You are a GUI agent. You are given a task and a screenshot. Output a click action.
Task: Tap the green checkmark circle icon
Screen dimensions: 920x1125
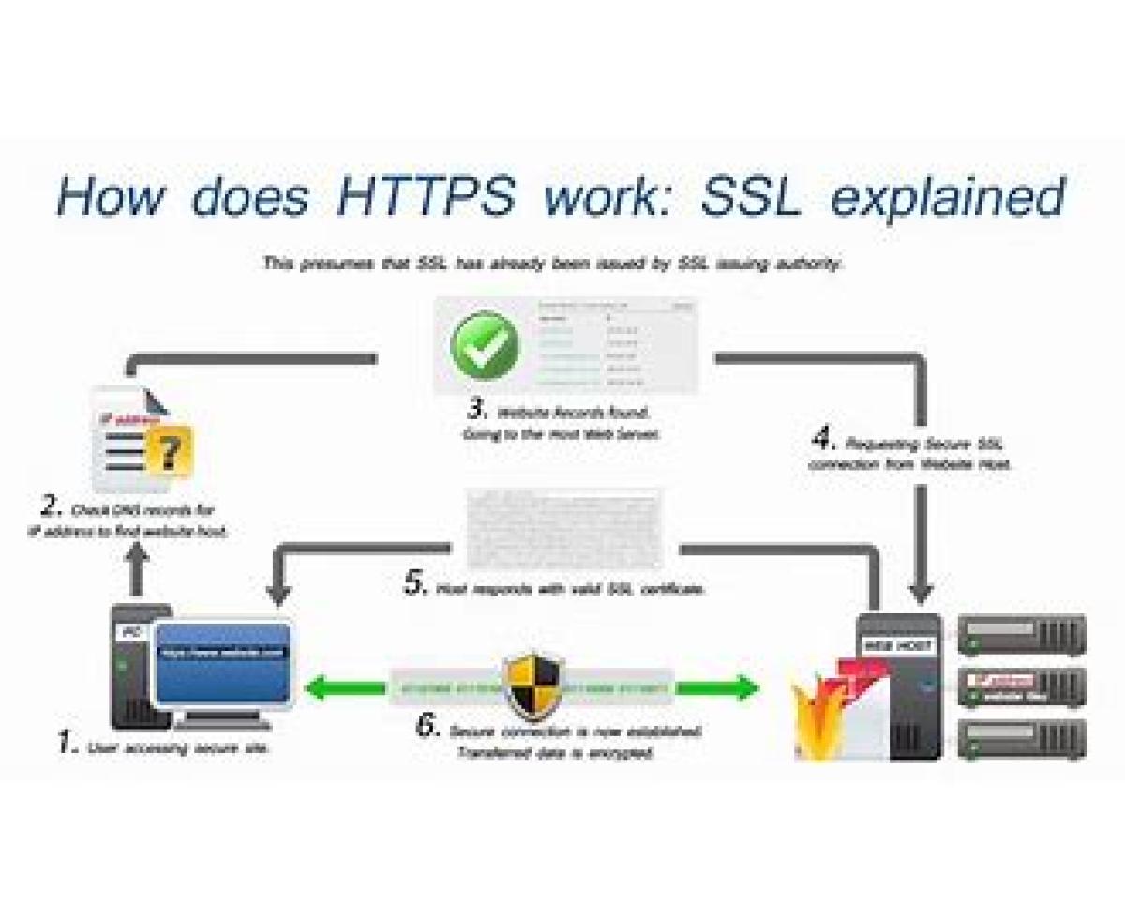(x=484, y=345)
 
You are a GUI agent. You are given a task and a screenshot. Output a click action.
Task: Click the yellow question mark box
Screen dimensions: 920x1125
(x=169, y=452)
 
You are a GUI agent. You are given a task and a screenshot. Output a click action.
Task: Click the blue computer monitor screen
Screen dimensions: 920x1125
(x=222, y=663)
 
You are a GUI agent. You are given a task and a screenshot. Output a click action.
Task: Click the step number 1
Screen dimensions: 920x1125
(x=67, y=745)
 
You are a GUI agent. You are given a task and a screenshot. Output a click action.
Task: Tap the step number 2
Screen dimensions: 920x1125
(x=51, y=508)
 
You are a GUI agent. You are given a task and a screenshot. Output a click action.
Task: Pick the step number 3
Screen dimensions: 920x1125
(x=477, y=410)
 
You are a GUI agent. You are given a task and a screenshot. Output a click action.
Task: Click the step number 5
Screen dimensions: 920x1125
(x=415, y=585)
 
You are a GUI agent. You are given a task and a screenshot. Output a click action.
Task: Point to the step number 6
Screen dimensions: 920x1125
(x=428, y=727)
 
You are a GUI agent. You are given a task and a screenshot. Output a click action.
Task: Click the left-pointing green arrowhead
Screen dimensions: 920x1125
(x=317, y=687)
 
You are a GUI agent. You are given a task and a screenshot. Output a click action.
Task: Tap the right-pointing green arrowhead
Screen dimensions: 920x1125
(x=747, y=687)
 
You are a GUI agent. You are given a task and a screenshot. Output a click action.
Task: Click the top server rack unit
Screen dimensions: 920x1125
(x=1022, y=635)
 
